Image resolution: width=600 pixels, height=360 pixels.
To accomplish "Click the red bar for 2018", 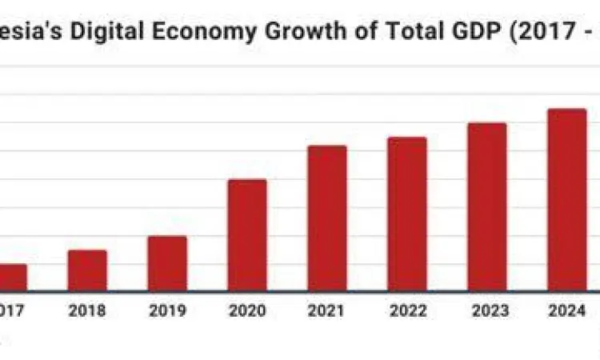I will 87,270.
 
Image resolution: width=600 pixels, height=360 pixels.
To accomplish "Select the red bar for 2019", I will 167,263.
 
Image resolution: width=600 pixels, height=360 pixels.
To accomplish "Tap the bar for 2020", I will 247,234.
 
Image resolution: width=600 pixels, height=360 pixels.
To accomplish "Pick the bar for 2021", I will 327,218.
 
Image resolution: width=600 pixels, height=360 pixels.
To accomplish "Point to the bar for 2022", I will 407,214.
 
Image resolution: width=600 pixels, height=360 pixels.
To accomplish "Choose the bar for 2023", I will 487,206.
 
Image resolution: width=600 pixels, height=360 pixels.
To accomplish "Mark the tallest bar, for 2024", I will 567,199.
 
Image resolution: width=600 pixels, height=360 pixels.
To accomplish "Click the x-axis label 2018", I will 87,311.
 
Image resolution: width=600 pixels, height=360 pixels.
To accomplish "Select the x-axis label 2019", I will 167,311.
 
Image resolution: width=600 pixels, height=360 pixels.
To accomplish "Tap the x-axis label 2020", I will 247,311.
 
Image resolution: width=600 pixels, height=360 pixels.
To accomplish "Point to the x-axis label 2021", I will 327,311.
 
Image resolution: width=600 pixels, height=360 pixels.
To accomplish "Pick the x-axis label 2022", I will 407,311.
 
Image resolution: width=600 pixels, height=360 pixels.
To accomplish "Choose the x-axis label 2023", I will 487,311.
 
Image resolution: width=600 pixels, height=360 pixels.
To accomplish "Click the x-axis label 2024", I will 567,311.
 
